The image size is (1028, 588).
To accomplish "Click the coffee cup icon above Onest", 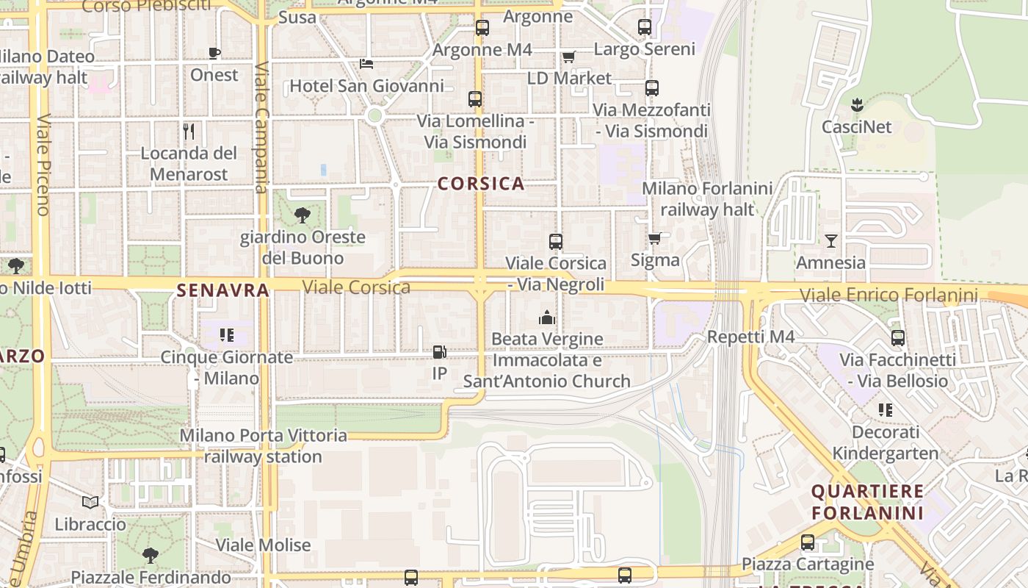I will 214,53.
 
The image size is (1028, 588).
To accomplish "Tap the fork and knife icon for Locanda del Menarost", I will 189,132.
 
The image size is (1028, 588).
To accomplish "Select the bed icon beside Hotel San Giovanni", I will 366,64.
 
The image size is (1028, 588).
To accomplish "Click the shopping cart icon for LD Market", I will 568,57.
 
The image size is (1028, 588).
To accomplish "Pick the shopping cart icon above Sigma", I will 654,238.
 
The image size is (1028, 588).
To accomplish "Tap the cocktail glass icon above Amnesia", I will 830,241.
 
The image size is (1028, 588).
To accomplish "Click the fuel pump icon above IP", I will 439,352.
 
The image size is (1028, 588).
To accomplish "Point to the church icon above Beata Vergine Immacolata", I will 547,318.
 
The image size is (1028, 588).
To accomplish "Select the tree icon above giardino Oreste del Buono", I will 302,215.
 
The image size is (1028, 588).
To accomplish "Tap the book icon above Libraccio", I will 90,503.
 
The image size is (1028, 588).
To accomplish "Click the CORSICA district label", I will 481,184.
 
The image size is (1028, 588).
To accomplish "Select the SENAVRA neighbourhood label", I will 222,290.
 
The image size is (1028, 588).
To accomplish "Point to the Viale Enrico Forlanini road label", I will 888,295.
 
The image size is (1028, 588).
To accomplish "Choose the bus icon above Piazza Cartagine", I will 808,542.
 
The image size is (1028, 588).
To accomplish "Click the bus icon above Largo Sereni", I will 645,27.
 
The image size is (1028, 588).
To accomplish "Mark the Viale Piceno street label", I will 42,165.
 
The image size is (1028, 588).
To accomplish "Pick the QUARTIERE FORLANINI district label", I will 867,502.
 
